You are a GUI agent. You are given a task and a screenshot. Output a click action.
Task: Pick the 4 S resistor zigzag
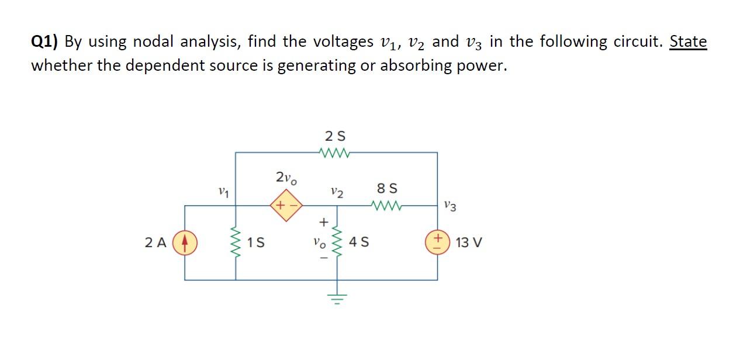(337, 242)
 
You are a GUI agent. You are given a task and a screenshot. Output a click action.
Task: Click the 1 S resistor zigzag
(236, 242)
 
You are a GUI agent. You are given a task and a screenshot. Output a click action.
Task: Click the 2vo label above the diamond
(286, 177)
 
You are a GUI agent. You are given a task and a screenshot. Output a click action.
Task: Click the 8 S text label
(388, 189)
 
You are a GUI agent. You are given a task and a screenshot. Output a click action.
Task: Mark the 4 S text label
(357, 243)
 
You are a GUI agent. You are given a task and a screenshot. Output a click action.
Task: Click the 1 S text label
(256, 243)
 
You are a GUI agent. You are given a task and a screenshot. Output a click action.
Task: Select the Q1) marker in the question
(45, 42)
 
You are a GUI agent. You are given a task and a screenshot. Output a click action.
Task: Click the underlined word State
(688, 41)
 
